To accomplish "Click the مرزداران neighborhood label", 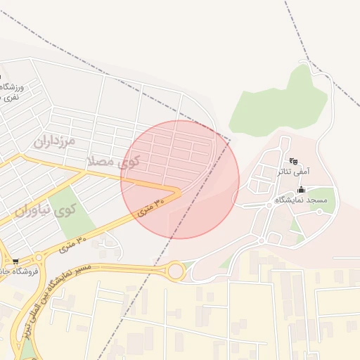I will [x=53, y=140].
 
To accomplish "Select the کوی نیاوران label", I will [x=44, y=210].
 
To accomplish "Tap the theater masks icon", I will [x=293, y=161].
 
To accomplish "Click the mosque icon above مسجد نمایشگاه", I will [x=302, y=190].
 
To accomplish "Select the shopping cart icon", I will [x=15, y=262].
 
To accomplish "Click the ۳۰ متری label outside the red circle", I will [x=72, y=245].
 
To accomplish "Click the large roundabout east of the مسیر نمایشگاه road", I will [x=175, y=270].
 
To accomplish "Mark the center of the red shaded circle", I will [x=180, y=179].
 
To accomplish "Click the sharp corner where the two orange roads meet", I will [x=179, y=190].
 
